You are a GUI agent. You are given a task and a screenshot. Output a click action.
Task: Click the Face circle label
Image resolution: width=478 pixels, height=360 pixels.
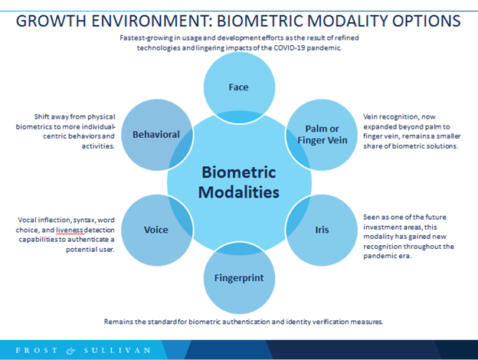238,87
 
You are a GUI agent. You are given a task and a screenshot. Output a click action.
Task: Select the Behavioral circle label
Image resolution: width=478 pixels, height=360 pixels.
156,135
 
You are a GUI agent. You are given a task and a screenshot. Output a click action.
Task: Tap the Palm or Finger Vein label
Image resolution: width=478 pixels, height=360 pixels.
322,135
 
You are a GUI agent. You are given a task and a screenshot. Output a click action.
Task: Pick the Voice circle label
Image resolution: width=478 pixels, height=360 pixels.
156,230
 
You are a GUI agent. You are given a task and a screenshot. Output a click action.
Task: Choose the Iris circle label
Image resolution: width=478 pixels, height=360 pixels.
322,230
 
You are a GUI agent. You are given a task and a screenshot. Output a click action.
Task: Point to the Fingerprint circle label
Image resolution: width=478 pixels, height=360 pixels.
239,278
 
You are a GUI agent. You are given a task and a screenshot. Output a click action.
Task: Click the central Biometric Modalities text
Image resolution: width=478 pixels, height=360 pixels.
239,182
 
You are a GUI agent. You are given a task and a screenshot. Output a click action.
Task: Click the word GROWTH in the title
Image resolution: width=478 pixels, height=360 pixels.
51,21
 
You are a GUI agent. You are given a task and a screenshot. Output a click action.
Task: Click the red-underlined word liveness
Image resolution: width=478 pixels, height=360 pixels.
70,230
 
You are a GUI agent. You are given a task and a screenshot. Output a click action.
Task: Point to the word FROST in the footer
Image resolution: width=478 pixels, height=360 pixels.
36,350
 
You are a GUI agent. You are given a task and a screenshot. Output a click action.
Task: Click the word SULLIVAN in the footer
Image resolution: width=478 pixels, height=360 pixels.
117,350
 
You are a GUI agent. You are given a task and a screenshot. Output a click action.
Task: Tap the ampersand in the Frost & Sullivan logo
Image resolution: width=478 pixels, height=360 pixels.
70,351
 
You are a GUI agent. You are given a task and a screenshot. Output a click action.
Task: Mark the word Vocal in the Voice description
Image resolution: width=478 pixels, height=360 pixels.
27,220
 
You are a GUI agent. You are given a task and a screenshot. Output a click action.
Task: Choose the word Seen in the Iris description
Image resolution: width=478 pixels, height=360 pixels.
371,217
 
